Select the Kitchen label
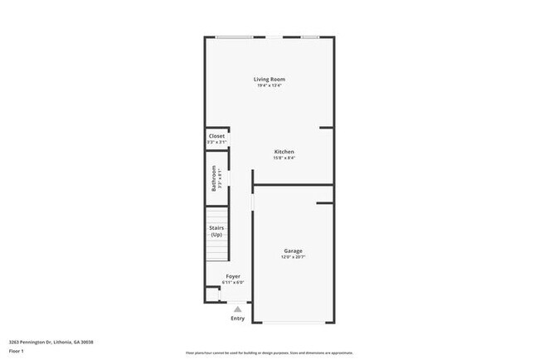[x=284, y=151]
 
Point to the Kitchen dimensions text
[x=284, y=158]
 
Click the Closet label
[x=216, y=136]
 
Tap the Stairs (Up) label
[x=216, y=231]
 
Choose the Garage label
[x=294, y=251]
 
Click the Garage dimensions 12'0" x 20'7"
[x=294, y=257]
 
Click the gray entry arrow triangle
[x=237, y=309]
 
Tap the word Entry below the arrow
[x=238, y=319]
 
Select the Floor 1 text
[x=16, y=351]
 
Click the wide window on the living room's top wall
[x=236, y=36]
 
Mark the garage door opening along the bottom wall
[x=294, y=323]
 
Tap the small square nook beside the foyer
[x=212, y=294]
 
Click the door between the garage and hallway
[x=252, y=203]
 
